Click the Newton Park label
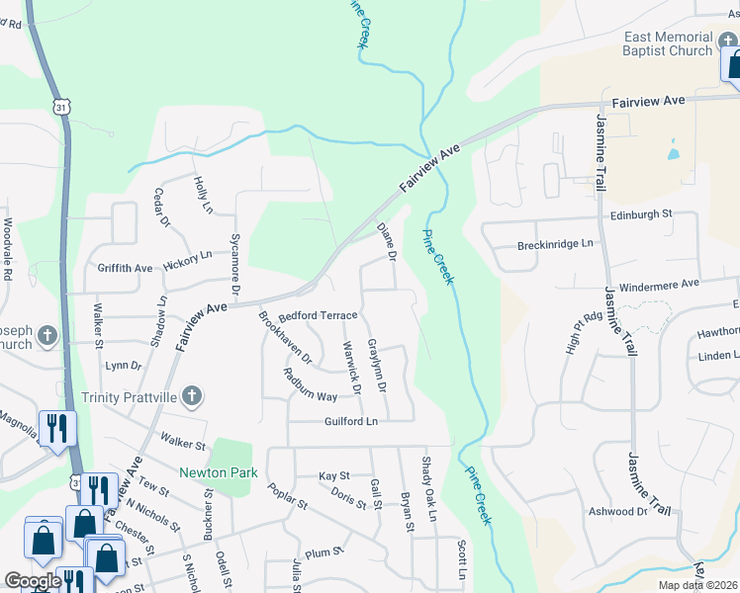[218, 472]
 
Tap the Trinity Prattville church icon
[193, 397]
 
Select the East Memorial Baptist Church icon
[727, 42]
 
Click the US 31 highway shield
[62, 106]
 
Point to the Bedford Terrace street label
[317, 315]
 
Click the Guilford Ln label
[351, 421]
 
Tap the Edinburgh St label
[640, 213]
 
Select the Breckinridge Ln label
[555, 243]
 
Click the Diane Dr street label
[387, 242]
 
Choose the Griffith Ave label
[125, 268]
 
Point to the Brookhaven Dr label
[285, 337]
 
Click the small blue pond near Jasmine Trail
[674, 151]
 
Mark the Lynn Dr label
[123, 366]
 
